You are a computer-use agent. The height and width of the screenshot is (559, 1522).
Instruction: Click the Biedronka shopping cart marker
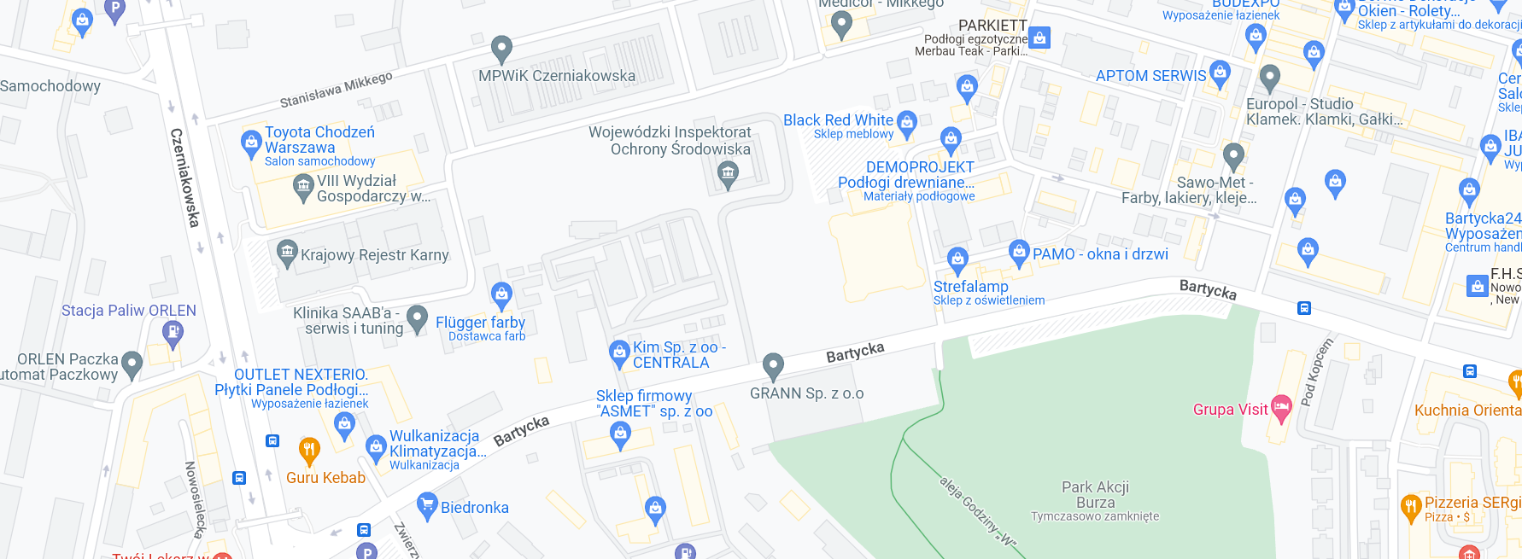pos(427,505)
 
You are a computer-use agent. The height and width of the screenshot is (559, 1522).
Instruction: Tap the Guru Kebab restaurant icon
pos(309,449)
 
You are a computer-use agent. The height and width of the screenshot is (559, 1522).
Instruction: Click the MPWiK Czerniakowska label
pos(556,76)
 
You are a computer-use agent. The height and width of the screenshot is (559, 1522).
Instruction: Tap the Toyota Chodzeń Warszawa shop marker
pos(251,143)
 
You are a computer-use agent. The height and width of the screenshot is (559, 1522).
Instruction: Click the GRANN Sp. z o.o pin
pos(773,366)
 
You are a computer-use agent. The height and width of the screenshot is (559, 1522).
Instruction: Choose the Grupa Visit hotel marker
pos(1281,408)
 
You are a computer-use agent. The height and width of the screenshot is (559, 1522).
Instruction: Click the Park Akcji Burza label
pos(1095,495)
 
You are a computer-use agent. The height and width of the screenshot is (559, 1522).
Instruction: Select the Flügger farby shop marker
pos(502,295)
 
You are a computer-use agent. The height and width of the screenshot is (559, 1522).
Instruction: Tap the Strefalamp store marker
pos(957,259)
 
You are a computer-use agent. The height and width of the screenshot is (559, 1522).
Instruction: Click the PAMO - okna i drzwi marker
pos(1019,253)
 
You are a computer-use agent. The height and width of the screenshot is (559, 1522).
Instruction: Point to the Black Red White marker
pos(907,123)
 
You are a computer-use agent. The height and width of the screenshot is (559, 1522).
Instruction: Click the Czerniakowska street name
pos(184,178)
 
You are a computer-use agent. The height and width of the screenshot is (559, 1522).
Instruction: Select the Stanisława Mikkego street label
pos(337,90)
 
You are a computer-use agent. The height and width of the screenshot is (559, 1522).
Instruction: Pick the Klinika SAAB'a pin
pos(417,318)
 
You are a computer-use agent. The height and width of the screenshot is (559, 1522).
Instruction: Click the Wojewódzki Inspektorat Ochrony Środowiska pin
pos(728,175)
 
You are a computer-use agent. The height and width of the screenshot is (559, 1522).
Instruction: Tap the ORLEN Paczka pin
pos(132,364)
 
